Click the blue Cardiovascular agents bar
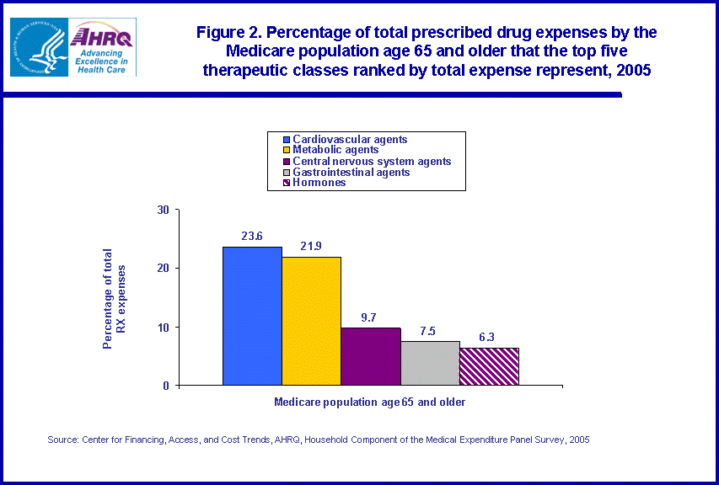tap(252, 316)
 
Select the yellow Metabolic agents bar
tap(311, 321)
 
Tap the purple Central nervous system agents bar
tap(370, 356)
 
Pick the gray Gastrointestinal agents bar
tap(430, 363)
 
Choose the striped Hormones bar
tap(489, 366)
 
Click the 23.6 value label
tap(251, 236)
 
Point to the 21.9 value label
tap(311, 246)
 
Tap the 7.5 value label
tap(430, 330)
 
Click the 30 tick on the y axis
tap(164, 210)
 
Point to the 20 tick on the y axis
tap(164, 268)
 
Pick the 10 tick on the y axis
tap(164, 327)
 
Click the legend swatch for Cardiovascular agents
tap(287, 140)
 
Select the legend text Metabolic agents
tap(335, 150)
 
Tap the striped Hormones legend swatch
tap(287, 183)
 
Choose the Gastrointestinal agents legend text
tap(351, 172)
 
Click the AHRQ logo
tap(102, 47)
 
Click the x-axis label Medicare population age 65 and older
tap(369, 402)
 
